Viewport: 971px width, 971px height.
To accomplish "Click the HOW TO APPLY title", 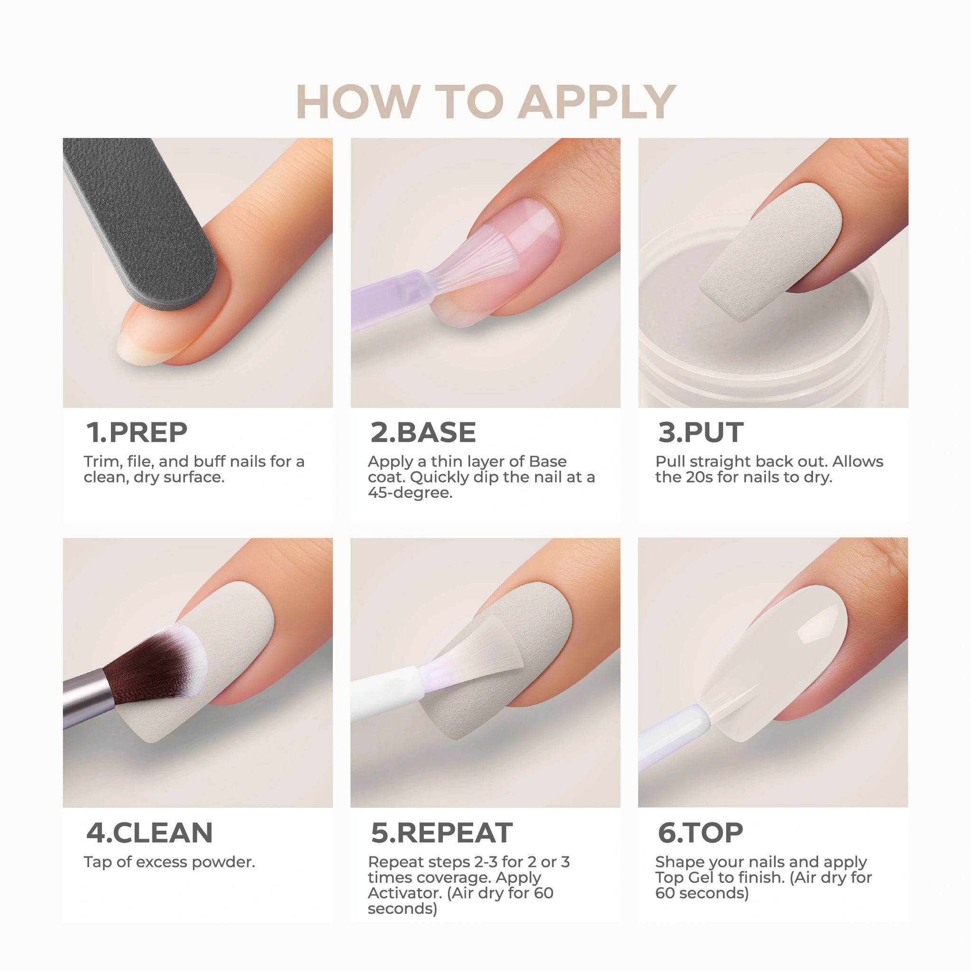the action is [485, 102].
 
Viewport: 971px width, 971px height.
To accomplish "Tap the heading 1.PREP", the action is [137, 432].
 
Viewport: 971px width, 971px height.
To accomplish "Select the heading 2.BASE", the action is [423, 432].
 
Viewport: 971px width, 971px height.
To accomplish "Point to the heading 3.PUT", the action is [701, 432].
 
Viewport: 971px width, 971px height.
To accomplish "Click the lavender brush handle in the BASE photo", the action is [392, 300].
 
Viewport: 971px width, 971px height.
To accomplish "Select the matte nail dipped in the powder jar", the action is [771, 250].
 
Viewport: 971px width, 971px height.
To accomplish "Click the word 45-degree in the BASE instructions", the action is [410, 493].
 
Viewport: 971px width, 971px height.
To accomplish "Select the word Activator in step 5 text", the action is [404, 893].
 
